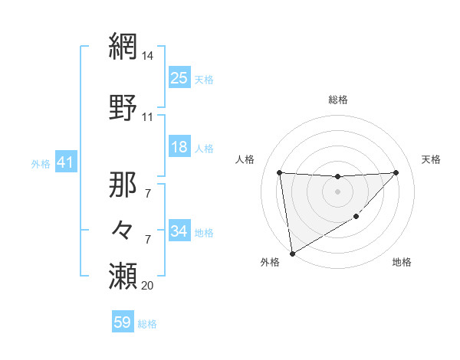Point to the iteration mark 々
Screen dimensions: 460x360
[x=123, y=230]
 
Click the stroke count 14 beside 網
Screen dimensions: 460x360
[x=148, y=56]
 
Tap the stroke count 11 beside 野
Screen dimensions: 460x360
[x=148, y=117]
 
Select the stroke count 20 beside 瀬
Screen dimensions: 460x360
[x=148, y=286]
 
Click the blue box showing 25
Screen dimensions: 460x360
[x=179, y=78]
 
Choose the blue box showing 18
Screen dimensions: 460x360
[x=179, y=148]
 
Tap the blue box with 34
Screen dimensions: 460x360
[x=179, y=231]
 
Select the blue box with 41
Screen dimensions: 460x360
[x=65, y=163]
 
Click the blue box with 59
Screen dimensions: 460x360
[x=123, y=322]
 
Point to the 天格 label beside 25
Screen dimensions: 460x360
[x=204, y=79]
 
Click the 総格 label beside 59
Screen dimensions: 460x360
[x=147, y=323]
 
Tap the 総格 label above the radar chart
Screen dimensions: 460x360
[x=337, y=100]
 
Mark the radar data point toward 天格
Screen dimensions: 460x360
[x=396, y=172]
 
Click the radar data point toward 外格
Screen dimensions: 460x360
[x=291, y=253]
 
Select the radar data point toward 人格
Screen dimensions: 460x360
[x=279, y=172]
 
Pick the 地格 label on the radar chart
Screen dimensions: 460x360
[x=402, y=262]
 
